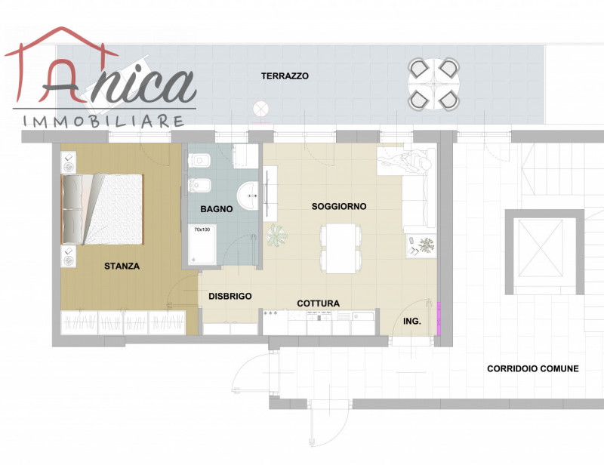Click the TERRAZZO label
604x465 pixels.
(x=285, y=76)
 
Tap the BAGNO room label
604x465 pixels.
(x=217, y=209)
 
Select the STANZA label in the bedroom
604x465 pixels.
(x=122, y=266)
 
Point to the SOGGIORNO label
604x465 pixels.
(x=338, y=207)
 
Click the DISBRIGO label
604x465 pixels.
(x=230, y=296)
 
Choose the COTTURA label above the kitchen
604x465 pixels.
(x=318, y=303)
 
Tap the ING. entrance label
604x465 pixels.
(x=411, y=321)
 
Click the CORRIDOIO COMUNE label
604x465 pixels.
(x=533, y=368)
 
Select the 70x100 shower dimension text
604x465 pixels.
(x=202, y=229)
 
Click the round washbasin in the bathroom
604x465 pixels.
(x=248, y=196)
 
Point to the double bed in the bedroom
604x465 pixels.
(x=103, y=209)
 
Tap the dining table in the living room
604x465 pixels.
(x=341, y=248)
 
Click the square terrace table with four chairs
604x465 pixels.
(x=433, y=84)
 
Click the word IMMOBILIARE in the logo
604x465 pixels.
(x=103, y=122)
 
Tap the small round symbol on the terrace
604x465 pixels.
(x=260, y=109)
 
